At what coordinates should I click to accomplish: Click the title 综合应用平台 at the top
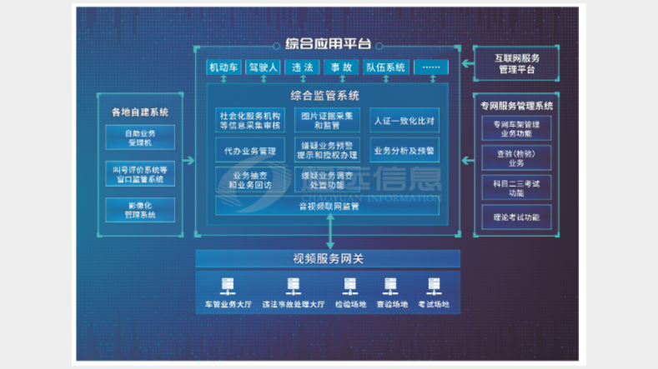(328, 44)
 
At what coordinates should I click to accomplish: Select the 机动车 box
(224, 67)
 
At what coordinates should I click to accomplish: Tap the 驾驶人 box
(262, 67)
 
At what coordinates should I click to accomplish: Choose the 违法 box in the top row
(301, 67)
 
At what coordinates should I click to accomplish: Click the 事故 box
(340, 67)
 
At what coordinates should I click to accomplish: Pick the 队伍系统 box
(385, 67)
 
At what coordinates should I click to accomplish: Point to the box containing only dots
(430, 67)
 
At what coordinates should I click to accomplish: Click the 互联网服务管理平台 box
(516, 63)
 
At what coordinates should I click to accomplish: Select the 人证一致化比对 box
(404, 121)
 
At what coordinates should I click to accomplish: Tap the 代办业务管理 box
(250, 152)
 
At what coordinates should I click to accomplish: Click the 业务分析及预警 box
(404, 152)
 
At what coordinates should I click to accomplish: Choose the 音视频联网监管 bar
(328, 206)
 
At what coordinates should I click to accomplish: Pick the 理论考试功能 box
(516, 217)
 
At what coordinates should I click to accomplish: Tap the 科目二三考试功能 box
(516, 187)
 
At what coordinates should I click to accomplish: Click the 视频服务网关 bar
(328, 259)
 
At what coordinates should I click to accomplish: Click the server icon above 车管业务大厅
(227, 286)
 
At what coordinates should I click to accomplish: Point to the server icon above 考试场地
(432, 286)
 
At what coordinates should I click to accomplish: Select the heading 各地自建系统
(140, 112)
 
